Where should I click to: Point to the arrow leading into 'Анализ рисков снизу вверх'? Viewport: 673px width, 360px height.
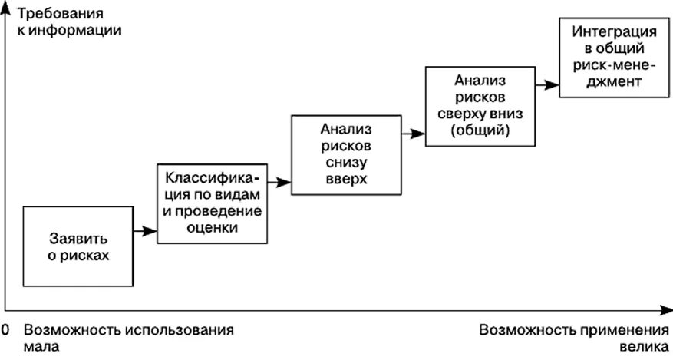pos(281,183)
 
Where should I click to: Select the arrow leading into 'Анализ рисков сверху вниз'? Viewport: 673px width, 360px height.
pos(414,134)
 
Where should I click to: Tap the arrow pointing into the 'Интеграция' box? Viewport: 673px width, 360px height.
pos(547,83)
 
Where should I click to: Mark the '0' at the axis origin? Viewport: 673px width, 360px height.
pos(5,331)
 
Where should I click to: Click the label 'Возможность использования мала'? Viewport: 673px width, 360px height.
pos(127,338)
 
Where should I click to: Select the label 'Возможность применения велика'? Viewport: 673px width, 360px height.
pos(574,338)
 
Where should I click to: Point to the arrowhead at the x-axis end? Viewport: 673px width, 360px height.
pos(665,309)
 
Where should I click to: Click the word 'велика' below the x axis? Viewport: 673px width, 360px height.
pos(645,346)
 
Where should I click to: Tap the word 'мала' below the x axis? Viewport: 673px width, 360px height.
pos(41,346)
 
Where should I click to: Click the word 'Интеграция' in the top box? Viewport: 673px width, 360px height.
pos(607,31)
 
